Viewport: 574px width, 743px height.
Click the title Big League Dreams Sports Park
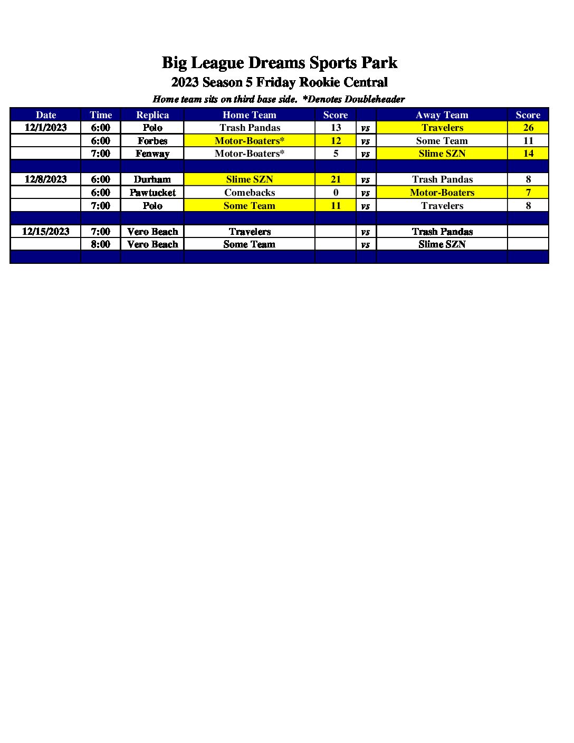coord(279,63)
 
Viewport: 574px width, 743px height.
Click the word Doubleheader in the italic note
coord(375,99)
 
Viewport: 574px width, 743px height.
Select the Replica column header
coord(152,115)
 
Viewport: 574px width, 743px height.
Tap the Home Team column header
coord(249,115)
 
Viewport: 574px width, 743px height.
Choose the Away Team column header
coord(442,115)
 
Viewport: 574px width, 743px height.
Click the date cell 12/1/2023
coord(46,128)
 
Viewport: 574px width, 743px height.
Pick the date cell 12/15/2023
coord(46,232)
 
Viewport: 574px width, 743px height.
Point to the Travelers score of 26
coord(528,128)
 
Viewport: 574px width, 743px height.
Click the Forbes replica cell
coord(152,141)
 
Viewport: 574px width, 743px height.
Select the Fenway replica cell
coord(152,154)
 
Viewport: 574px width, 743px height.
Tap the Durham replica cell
coord(152,179)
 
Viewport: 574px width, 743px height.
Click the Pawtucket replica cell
coord(152,193)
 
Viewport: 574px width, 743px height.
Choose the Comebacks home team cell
coord(250,193)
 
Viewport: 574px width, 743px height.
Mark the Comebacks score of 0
coord(336,193)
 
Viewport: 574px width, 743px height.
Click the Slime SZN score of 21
coord(336,179)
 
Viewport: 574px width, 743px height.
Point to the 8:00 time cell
coord(101,244)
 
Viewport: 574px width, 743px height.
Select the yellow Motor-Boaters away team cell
coord(442,193)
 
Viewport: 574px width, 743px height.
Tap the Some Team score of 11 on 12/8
coord(336,206)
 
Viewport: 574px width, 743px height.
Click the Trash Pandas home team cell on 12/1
coord(250,128)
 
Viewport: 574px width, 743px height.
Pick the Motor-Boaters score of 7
coord(528,193)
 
